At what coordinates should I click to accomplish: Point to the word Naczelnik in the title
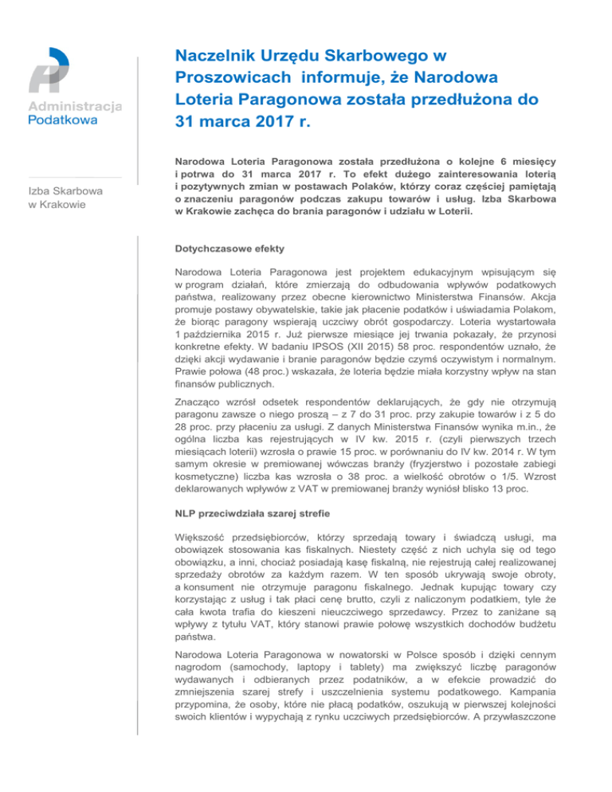210,57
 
